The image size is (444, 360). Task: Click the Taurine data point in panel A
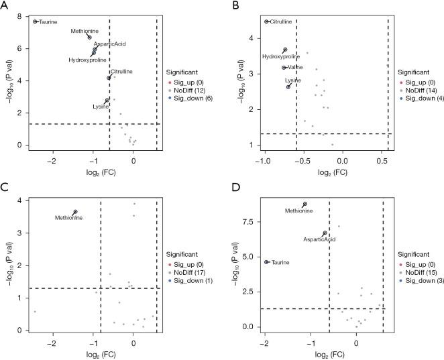35,21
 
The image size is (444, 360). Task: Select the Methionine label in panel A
85,31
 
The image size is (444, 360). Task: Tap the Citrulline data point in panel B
267,21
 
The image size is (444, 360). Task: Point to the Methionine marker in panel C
75,212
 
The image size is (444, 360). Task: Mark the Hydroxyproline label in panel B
280,57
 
